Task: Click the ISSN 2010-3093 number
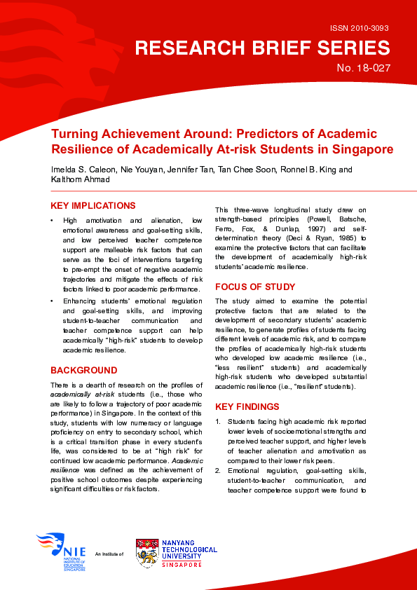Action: [x=359, y=29]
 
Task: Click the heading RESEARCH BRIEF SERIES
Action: [x=262, y=48]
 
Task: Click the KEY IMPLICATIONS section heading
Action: [x=93, y=205]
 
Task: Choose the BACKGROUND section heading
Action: [x=83, y=370]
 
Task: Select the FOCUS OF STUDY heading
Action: [x=255, y=287]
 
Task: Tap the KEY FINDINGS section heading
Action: [x=247, y=406]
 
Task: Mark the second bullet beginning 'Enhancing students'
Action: [x=53, y=301]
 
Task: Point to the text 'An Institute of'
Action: [x=109, y=554]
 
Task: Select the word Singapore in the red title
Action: [x=362, y=149]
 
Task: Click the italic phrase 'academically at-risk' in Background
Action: [x=78, y=395]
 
